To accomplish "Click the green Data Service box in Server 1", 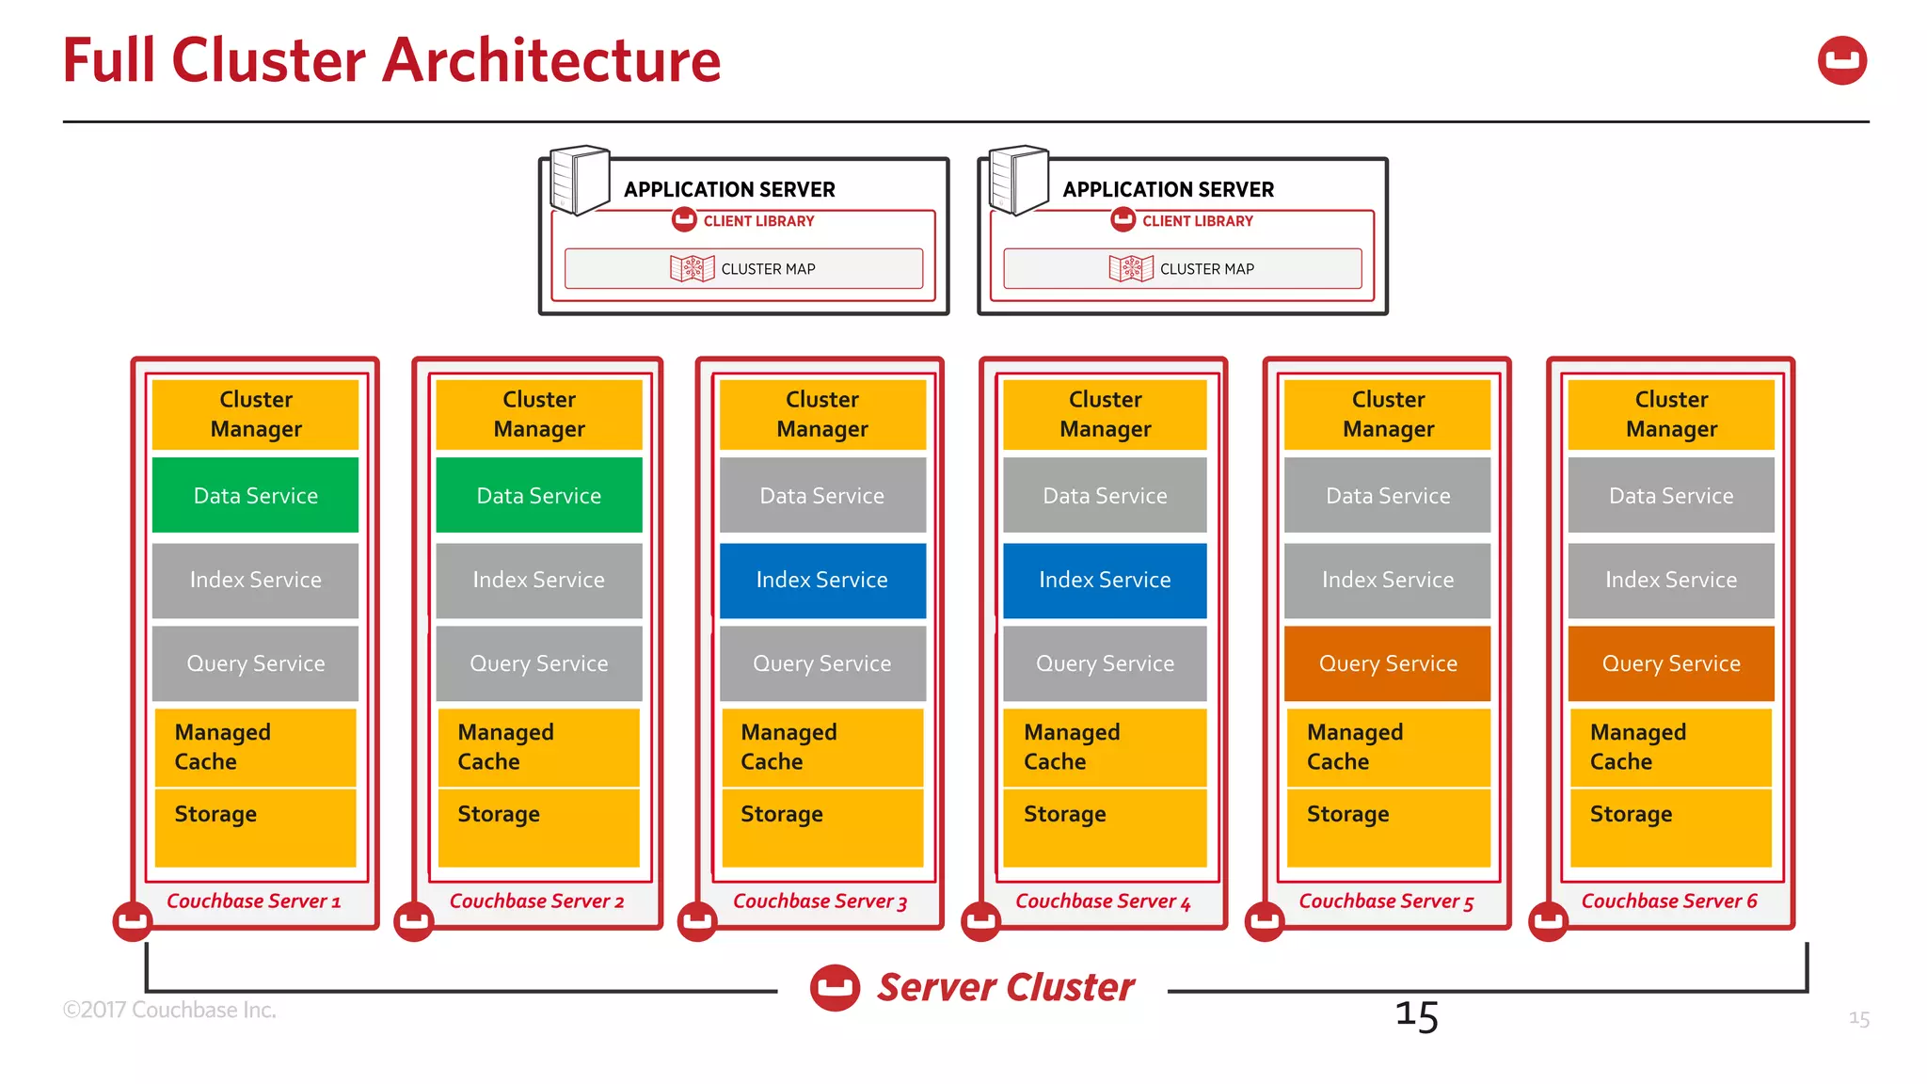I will click(x=255, y=495).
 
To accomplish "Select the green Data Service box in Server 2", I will click(x=538, y=495).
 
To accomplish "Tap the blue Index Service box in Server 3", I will click(x=821, y=580).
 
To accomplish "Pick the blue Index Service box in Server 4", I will click(x=1105, y=580).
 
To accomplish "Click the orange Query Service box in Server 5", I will click(x=1388, y=663).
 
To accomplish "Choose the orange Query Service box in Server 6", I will click(x=1671, y=663).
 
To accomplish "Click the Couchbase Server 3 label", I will click(x=820, y=901).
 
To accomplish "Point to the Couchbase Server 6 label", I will click(x=1669, y=901).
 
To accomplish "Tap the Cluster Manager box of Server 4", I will click(x=1105, y=414).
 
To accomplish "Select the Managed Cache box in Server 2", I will click(x=538, y=747).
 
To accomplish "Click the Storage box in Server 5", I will click(x=1388, y=826).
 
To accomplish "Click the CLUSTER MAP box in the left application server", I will click(x=743, y=268).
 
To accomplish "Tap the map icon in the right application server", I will click(x=1130, y=268).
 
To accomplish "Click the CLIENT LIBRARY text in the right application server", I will click(x=1197, y=221).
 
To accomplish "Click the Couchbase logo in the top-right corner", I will click(x=1841, y=61).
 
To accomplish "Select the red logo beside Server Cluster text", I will click(x=835, y=988).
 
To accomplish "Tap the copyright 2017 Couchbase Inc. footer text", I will click(x=169, y=1010).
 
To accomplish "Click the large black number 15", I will click(x=1416, y=1016).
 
